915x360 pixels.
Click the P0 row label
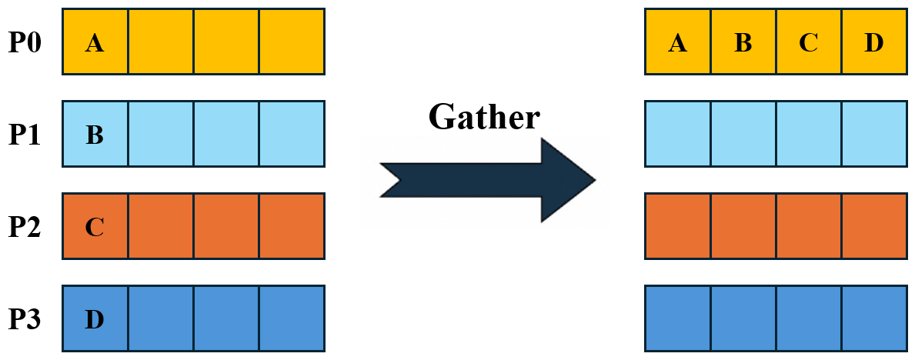click(25, 42)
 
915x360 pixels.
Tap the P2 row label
click(25, 226)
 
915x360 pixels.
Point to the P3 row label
click(25, 318)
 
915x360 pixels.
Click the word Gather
click(483, 118)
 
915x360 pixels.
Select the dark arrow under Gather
click(488, 180)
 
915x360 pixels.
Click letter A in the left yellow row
click(95, 42)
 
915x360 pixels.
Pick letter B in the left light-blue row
click(95, 135)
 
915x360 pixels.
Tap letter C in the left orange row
click(95, 227)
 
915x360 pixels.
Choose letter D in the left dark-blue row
click(95, 318)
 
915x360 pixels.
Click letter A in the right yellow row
click(677, 42)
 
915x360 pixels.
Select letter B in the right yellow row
click(743, 42)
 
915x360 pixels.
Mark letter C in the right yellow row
click(808, 42)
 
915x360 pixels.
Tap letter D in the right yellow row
click(873, 42)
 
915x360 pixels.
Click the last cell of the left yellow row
click(292, 42)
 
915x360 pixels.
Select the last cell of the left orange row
click(292, 226)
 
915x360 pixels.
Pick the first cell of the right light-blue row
click(677, 134)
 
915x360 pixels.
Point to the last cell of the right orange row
click(874, 226)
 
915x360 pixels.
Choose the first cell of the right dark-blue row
click(677, 318)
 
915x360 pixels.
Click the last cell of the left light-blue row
click(292, 134)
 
